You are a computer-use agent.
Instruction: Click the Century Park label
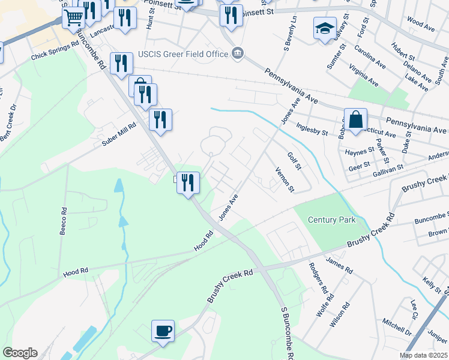tap(331, 220)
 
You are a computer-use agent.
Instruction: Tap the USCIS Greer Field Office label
tap(182, 54)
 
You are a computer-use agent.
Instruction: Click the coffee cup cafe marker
tap(163, 331)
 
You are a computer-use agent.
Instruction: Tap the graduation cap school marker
tap(325, 28)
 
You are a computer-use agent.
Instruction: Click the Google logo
tap(20, 353)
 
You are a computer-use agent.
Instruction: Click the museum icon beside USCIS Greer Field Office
tap(238, 54)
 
